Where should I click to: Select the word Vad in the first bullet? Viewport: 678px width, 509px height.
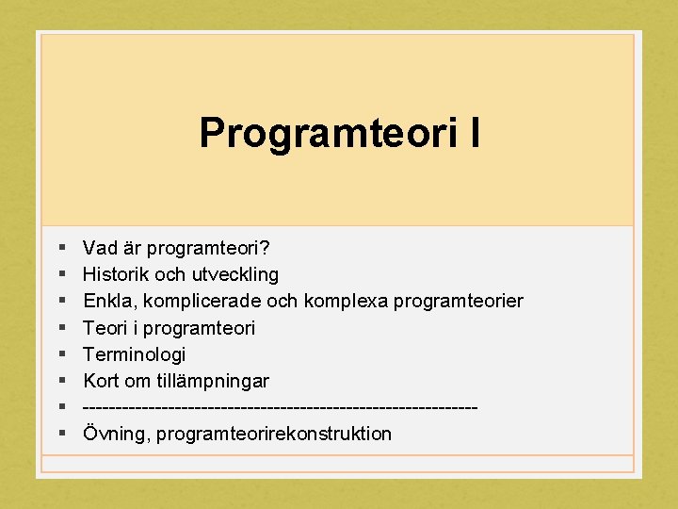tap(101, 248)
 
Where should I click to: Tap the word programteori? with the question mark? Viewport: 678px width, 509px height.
tap(211, 249)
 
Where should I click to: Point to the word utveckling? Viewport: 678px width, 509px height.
tap(235, 274)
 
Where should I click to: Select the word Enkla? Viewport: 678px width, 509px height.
tap(107, 301)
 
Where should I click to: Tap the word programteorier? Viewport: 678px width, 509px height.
tap(459, 302)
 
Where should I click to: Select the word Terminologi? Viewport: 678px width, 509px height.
tap(135, 354)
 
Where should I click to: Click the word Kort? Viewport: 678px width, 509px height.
tap(102, 381)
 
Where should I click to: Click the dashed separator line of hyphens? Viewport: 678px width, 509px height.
tap(280, 407)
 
